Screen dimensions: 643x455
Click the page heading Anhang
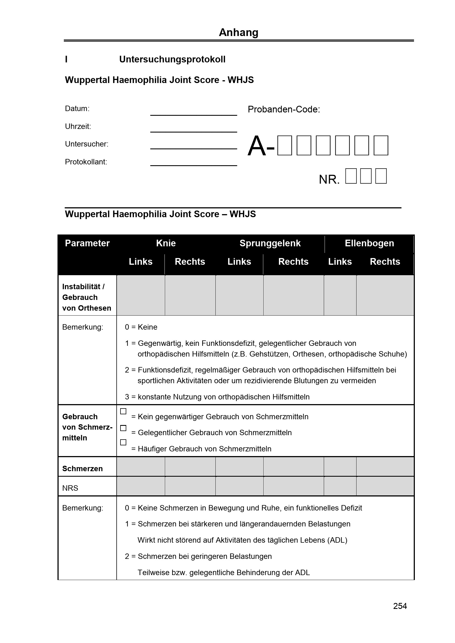[x=239, y=32]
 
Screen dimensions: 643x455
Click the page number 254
[x=400, y=606]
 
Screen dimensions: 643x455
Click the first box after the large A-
[x=284, y=145]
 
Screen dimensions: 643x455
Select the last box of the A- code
[x=381, y=145]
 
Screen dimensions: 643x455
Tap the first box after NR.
[x=351, y=176]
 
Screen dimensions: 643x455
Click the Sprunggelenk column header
[x=270, y=243]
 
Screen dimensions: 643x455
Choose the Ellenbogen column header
[x=369, y=243]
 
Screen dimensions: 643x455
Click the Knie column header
[x=166, y=243]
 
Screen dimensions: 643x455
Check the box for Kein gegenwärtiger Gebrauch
[x=123, y=411]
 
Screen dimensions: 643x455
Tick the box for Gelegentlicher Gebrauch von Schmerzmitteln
[x=123, y=428]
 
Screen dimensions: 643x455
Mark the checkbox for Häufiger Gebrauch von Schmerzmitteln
[x=123, y=442]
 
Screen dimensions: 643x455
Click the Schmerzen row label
[x=82, y=468]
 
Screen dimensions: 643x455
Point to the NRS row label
[x=70, y=488]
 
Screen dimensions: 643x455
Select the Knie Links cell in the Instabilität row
[x=141, y=295]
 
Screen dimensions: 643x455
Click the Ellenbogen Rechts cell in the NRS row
[x=385, y=486]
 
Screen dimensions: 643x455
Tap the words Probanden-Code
[x=284, y=109]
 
